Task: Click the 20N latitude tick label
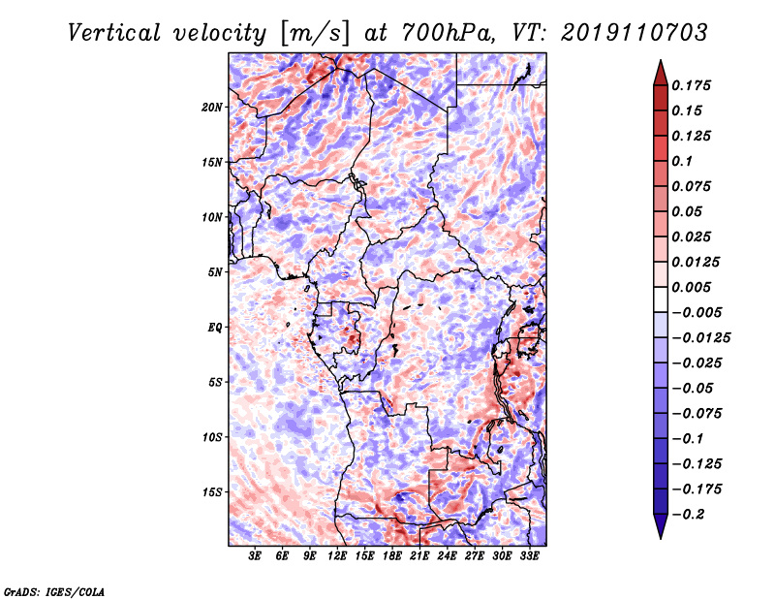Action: (x=212, y=108)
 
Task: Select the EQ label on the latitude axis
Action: (x=215, y=328)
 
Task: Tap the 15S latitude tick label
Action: (x=212, y=492)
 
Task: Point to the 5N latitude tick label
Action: (x=215, y=272)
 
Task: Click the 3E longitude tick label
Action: (x=254, y=556)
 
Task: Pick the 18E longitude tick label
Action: (x=391, y=556)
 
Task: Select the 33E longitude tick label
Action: (x=529, y=556)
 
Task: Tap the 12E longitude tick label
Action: (x=336, y=556)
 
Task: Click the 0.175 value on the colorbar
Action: (x=691, y=85)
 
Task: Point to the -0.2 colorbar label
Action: (x=688, y=515)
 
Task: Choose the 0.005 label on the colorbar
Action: (x=691, y=287)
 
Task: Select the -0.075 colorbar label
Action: (x=697, y=414)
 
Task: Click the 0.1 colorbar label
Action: (x=682, y=161)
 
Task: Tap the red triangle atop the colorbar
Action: (x=661, y=74)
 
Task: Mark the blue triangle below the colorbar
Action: (x=661, y=526)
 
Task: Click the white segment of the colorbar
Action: (x=661, y=299)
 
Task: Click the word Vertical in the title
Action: (x=114, y=33)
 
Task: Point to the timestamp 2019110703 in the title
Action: (x=635, y=33)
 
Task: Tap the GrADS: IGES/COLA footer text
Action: (x=54, y=592)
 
